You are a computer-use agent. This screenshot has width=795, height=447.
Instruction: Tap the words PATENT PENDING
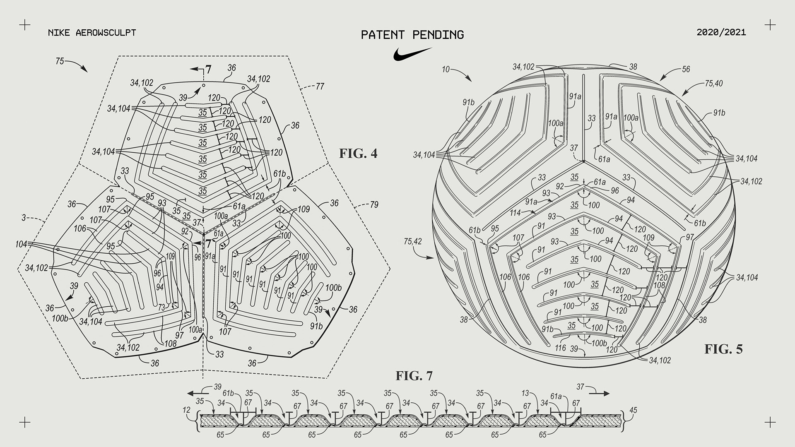pyautogui.click(x=412, y=35)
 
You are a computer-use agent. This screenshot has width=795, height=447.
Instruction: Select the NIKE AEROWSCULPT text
pyautogui.click(x=92, y=33)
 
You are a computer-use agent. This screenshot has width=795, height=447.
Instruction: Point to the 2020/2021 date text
pyautogui.click(x=721, y=32)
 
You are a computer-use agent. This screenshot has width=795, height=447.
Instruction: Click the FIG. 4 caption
pyautogui.click(x=358, y=154)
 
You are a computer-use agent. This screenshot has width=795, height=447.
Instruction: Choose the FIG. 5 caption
pyautogui.click(x=723, y=349)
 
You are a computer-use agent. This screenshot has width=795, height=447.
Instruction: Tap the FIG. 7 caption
pyautogui.click(x=414, y=376)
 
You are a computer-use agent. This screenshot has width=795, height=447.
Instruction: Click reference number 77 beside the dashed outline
pyautogui.click(x=320, y=86)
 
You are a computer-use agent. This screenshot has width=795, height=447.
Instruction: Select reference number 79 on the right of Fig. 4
pyautogui.click(x=374, y=204)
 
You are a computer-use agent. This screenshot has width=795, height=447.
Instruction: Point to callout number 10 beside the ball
pyautogui.click(x=445, y=69)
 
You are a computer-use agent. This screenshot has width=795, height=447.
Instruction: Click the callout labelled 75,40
pyautogui.click(x=713, y=83)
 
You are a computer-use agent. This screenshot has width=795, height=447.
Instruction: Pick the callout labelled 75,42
pyautogui.click(x=412, y=241)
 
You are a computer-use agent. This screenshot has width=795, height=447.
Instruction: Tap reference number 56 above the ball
pyautogui.click(x=686, y=69)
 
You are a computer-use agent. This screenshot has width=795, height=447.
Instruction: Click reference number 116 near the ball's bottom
pyautogui.click(x=560, y=348)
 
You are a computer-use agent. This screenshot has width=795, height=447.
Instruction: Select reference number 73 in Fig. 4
pyautogui.click(x=161, y=307)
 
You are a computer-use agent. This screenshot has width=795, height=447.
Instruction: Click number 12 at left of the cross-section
pyautogui.click(x=187, y=410)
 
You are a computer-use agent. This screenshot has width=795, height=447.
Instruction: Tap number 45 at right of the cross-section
pyautogui.click(x=633, y=410)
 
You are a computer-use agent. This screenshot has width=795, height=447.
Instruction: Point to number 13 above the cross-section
pyautogui.click(x=525, y=393)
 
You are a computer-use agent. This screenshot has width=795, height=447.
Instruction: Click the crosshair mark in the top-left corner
pyautogui.click(x=25, y=25)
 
